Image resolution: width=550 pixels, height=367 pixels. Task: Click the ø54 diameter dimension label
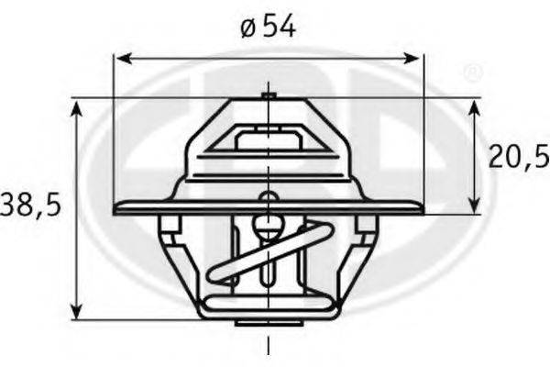[268, 28]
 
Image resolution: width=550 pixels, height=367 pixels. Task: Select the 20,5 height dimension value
[517, 156]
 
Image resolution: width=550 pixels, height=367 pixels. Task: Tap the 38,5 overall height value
[30, 205]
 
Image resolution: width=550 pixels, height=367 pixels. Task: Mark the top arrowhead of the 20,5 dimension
[474, 106]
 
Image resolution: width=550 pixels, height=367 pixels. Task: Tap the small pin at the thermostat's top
[268, 95]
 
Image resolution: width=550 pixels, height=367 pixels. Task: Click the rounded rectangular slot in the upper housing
[268, 141]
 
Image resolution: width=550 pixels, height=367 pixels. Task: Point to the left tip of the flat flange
[116, 209]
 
